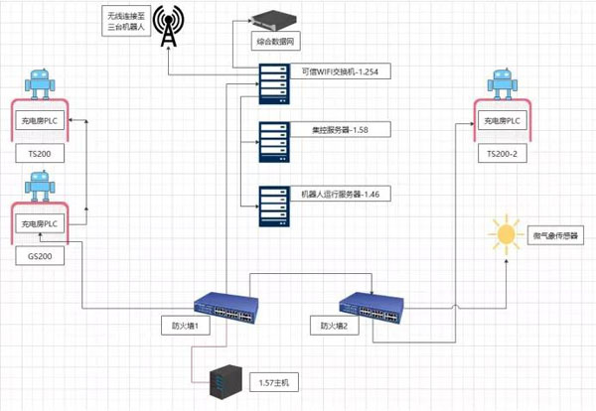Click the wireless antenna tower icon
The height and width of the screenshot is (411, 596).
[169, 30]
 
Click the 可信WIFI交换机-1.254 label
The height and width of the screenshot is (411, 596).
[334, 71]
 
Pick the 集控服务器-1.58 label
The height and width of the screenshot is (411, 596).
[334, 129]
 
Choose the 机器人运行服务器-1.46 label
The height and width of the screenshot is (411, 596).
[334, 195]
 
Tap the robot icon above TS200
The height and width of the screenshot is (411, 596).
[41, 83]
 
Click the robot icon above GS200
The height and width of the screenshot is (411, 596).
[41, 186]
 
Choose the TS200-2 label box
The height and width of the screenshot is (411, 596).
[503, 155]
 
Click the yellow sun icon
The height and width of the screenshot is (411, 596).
[508, 235]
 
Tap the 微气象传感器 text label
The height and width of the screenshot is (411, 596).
[554, 235]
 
